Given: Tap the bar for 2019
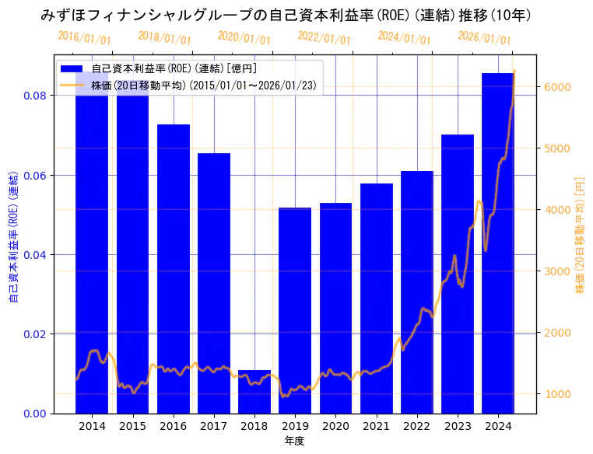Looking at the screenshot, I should (295, 310).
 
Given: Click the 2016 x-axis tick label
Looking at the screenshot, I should (173, 426).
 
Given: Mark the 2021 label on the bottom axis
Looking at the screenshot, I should (377, 426).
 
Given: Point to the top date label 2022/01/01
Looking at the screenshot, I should (324, 38).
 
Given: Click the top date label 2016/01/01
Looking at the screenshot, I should (84, 38).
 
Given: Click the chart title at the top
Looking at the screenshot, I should (296, 15).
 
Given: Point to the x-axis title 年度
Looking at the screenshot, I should (294, 441).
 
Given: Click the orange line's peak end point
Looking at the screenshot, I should (514, 72).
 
